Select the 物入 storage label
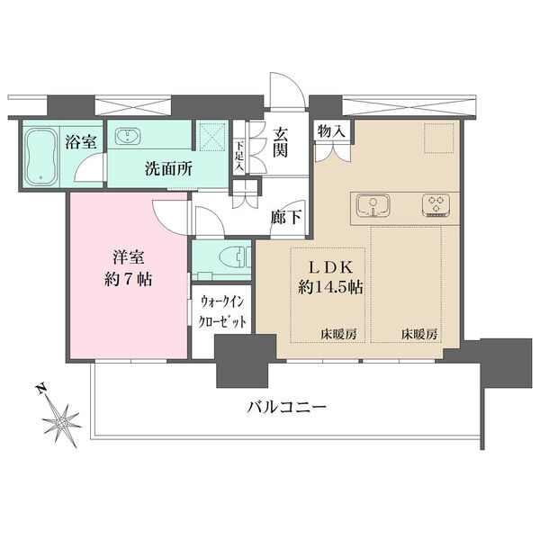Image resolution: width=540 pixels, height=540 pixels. [329, 131]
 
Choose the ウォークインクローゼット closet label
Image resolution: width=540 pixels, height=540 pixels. [221, 313]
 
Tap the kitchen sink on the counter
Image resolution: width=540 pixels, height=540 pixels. [371, 206]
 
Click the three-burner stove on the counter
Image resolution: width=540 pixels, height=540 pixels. [436, 206]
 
